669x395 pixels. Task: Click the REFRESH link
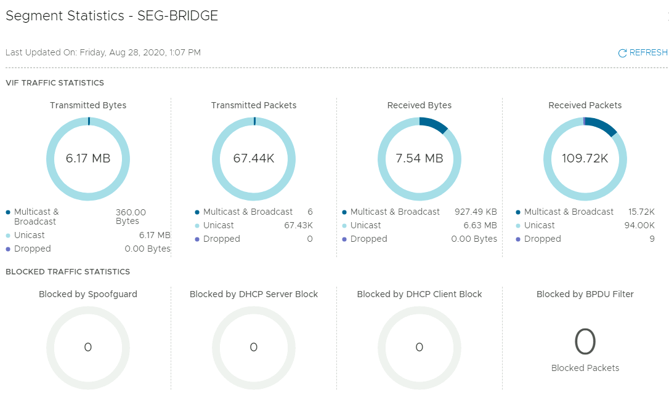643,53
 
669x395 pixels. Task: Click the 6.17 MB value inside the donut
88,159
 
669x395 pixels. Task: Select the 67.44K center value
254,159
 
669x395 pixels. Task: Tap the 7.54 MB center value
420,159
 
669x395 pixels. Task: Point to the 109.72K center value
585,159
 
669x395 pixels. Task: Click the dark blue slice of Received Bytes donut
434,124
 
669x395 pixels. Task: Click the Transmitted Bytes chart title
88,105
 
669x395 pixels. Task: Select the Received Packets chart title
585,105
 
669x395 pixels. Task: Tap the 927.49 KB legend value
476,212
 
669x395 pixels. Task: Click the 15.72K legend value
641,212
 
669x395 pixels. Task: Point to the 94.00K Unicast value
639,225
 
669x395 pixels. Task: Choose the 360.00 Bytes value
131,217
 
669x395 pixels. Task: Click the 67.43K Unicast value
298,225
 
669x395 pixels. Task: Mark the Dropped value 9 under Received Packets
652,239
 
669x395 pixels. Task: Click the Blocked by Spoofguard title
88,294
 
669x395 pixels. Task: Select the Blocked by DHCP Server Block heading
254,294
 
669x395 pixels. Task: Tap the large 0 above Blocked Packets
585,342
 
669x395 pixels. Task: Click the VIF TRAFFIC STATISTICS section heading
55,82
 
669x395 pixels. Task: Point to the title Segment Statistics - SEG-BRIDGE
112,16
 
